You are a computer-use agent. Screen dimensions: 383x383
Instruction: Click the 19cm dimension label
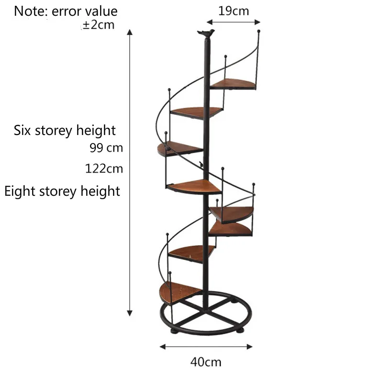pos(234,11)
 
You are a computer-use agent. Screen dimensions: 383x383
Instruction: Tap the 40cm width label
pos(206,362)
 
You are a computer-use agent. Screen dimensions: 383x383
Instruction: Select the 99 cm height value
pos(106,148)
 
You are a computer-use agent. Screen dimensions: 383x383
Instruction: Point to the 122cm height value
pos(104,169)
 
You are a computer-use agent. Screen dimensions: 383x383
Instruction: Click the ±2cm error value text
pos(99,25)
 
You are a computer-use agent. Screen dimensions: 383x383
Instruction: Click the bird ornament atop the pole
pos(206,33)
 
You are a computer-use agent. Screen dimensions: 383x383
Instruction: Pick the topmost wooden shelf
pos(233,84)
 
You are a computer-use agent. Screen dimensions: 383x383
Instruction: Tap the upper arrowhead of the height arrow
pos(129,32)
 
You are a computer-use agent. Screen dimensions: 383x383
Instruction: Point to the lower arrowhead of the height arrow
pos(129,313)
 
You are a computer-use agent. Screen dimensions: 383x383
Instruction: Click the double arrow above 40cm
pos(206,347)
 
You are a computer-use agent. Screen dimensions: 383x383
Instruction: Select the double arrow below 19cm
pos(233,22)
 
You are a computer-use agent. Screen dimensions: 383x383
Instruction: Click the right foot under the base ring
pos(239,330)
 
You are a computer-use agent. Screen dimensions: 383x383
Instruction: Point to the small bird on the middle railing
pos(202,165)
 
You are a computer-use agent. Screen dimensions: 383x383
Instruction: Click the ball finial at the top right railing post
pos(259,32)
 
